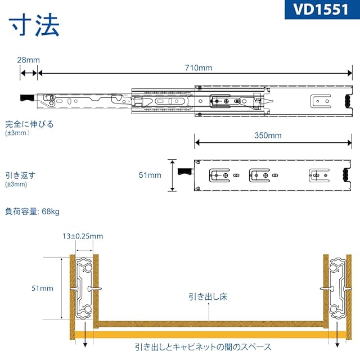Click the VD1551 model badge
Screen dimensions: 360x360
(x=320, y=11)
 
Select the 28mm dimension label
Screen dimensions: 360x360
(x=28, y=60)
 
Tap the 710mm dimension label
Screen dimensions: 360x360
(x=199, y=68)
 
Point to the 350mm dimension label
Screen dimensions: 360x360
(x=267, y=136)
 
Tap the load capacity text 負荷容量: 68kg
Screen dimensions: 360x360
(x=32, y=211)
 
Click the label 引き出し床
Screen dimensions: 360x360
(x=208, y=296)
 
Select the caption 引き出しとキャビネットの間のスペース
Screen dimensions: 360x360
(x=203, y=347)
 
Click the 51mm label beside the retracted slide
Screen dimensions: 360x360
(x=150, y=175)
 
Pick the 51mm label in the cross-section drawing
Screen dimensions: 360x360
(x=42, y=288)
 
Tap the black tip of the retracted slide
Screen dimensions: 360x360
(x=184, y=170)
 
